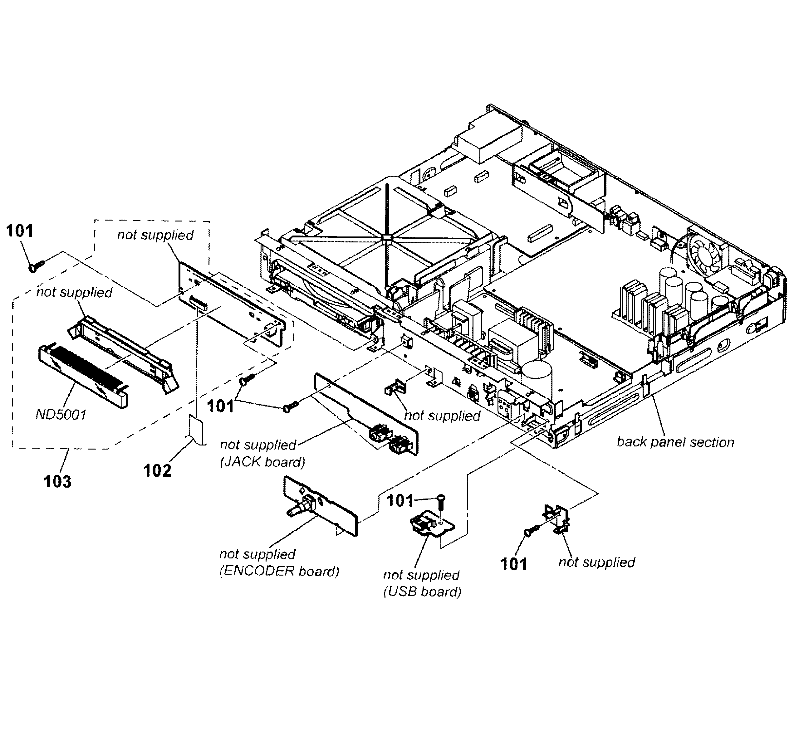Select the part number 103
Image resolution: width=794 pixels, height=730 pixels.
57,482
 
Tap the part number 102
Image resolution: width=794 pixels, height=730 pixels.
157,470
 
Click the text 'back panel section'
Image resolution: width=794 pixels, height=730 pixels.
675,442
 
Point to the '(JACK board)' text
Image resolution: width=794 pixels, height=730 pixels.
262,462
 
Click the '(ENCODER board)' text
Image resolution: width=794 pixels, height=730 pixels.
279,571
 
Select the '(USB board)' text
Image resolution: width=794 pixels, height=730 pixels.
422,592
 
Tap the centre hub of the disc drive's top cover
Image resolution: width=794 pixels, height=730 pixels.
386,237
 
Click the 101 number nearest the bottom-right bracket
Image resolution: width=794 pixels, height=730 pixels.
513,564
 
